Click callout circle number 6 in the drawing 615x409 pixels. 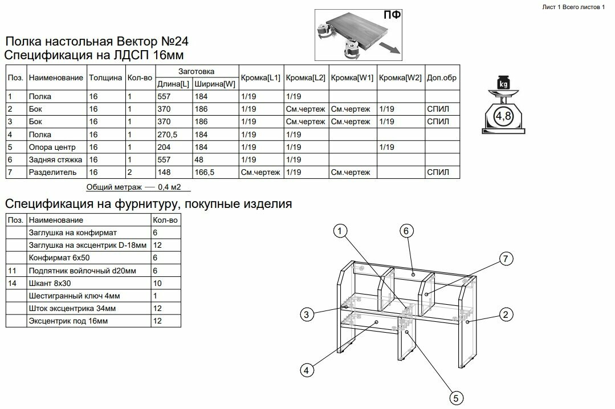click(x=405, y=231)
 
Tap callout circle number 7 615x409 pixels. click(x=504, y=259)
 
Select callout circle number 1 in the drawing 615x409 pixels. click(x=340, y=231)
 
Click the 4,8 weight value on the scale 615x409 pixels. click(x=503, y=117)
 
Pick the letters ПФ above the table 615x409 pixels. click(x=392, y=15)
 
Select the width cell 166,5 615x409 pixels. click(x=205, y=172)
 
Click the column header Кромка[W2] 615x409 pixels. click(x=400, y=77)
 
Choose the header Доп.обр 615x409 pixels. click(x=442, y=77)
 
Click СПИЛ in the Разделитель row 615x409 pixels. click(x=438, y=172)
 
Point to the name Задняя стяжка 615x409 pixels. click(x=55, y=159)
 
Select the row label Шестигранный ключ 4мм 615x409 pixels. click(x=74, y=296)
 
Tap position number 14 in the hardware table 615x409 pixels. click(x=14, y=283)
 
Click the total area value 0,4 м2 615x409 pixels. click(x=172, y=186)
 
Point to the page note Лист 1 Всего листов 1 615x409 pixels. click(x=572, y=6)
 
